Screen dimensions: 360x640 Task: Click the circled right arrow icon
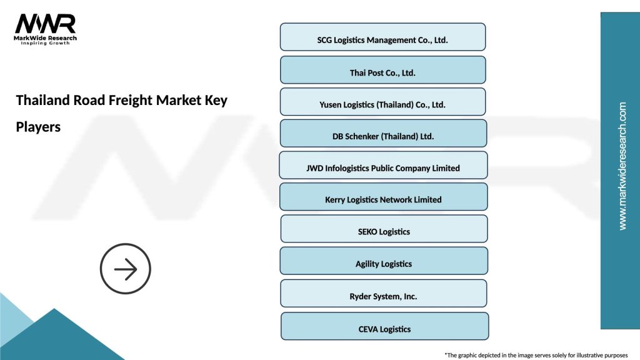pyautogui.click(x=126, y=269)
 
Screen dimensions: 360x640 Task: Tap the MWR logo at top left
pyautogui.click(x=45, y=24)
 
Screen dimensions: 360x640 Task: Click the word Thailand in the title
pyautogui.click(x=41, y=100)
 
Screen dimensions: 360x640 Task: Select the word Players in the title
pyautogui.click(x=38, y=127)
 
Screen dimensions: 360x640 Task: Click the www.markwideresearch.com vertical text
pyautogui.click(x=622, y=166)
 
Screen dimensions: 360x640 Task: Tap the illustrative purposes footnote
pyautogui.click(x=536, y=354)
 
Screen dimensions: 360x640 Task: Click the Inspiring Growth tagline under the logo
pyautogui.click(x=46, y=43)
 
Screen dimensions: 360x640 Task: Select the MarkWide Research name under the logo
pyautogui.click(x=46, y=38)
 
